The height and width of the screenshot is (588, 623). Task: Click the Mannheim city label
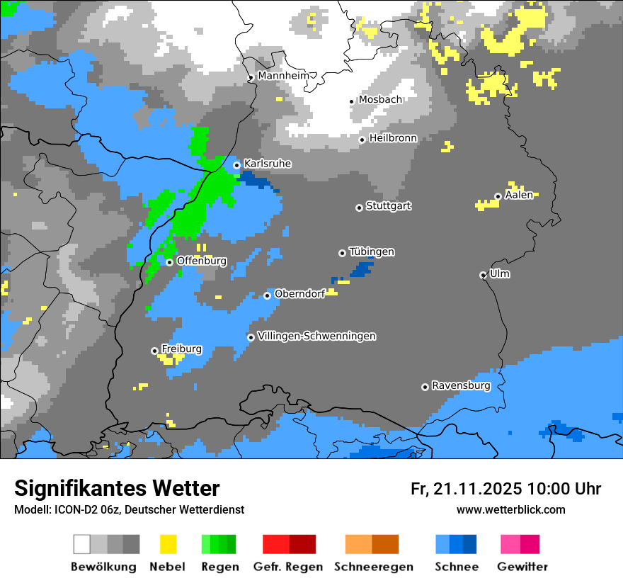pyautogui.click(x=283, y=75)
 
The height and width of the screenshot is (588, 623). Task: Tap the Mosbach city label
pyautogui.click(x=380, y=100)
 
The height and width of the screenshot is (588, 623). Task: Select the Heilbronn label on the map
pyautogui.click(x=393, y=138)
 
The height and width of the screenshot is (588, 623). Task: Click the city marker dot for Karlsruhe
pyautogui.click(x=237, y=165)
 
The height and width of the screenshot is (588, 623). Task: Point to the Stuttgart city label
pyautogui.click(x=388, y=206)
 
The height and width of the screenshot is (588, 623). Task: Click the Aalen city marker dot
pyautogui.click(x=498, y=196)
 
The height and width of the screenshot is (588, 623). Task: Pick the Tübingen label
pyautogui.click(x=372, y=252)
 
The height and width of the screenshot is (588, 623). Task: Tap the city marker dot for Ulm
pyautogui.click(x=483, y=275)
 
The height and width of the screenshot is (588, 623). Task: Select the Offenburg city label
pyautogui.click(x=201, y=261)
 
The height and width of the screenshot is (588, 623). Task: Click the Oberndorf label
pyautogui.click(x=299, y=294)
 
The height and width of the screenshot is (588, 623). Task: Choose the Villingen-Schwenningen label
pyautogui.click(x=316, y=336)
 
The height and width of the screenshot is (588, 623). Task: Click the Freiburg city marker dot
pyautogui.click(x=154, y=351)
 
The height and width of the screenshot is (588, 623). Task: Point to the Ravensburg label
pyautogui.click(x=461, y=385)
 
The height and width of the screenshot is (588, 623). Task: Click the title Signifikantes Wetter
pyautogui.click(x=117, y=488)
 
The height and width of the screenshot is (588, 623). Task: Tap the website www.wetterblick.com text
pyautogui.click(x=510, y=509)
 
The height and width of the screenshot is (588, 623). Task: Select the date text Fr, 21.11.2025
pyautogui.click(x=466, y=489)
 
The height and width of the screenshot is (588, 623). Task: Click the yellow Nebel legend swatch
pyautogui.click(x=168, y=544)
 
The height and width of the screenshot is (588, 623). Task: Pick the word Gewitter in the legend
pyautogui.click(x=522, y=567)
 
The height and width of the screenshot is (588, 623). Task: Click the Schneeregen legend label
pyautogui.click(x=374, y=567)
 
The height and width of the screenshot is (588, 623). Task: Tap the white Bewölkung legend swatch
pyautogui.click(x=82, y=544)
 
